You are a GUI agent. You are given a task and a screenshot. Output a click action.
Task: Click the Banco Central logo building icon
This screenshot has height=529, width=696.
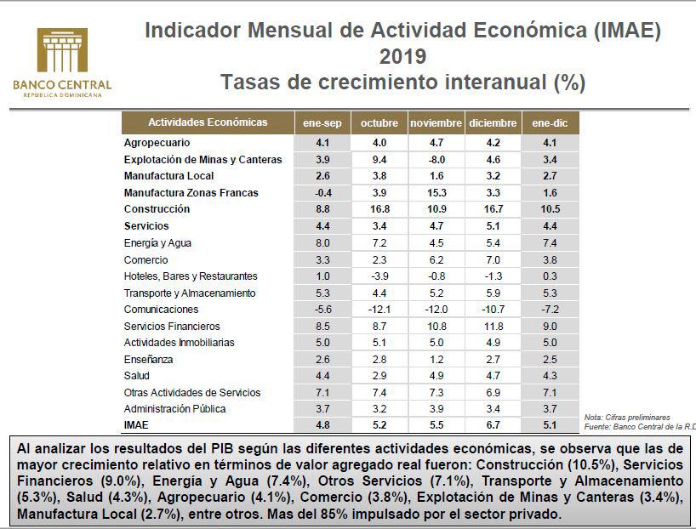[62, 52]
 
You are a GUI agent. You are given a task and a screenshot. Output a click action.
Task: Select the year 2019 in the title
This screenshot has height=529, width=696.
[402, 57]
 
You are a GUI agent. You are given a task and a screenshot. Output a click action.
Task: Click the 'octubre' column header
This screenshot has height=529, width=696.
[379, 123]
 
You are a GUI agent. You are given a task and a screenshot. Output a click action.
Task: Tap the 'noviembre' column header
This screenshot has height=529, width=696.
[436, 123]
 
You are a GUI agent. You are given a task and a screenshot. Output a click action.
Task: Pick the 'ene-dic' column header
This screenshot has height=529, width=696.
[550, 123]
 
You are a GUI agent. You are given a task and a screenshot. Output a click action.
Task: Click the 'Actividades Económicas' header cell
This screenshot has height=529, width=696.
[208, 122]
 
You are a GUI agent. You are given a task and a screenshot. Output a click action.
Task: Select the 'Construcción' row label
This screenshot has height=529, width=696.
[157, 209]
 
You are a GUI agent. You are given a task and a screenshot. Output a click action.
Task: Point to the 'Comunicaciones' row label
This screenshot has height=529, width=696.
[161, 310]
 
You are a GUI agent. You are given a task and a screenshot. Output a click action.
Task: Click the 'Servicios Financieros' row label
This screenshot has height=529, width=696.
[172, 326]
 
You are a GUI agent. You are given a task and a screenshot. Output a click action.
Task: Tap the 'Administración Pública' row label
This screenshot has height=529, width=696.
[174, 409]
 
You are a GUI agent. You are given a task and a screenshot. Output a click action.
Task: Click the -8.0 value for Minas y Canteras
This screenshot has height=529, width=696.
[436, 159]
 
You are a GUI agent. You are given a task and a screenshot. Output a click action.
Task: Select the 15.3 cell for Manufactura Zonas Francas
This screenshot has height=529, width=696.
[436, 193]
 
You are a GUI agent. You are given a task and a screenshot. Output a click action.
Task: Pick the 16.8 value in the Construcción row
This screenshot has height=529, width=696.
[379, 209]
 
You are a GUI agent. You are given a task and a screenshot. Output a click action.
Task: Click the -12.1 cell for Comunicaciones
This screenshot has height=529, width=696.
[379, 310]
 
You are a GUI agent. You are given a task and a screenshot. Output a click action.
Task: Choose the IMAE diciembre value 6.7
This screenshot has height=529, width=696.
[493, 425]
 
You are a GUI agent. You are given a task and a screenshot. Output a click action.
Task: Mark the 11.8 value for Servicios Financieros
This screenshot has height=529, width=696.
[493, 326]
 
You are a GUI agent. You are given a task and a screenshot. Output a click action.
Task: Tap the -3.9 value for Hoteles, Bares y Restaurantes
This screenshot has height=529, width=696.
[379, 276]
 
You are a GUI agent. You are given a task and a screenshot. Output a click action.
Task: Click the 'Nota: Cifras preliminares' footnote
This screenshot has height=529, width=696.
[627, 418]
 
